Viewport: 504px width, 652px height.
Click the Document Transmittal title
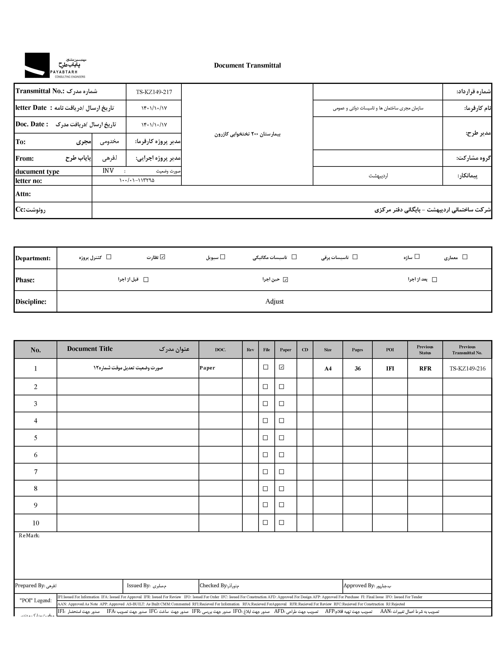coord(247,65)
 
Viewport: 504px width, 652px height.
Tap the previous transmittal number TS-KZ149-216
coord(467,368)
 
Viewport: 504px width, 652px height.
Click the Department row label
coord(33,258)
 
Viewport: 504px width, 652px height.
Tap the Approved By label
coord(359,585)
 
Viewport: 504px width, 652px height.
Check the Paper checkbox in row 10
coord(281,522)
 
